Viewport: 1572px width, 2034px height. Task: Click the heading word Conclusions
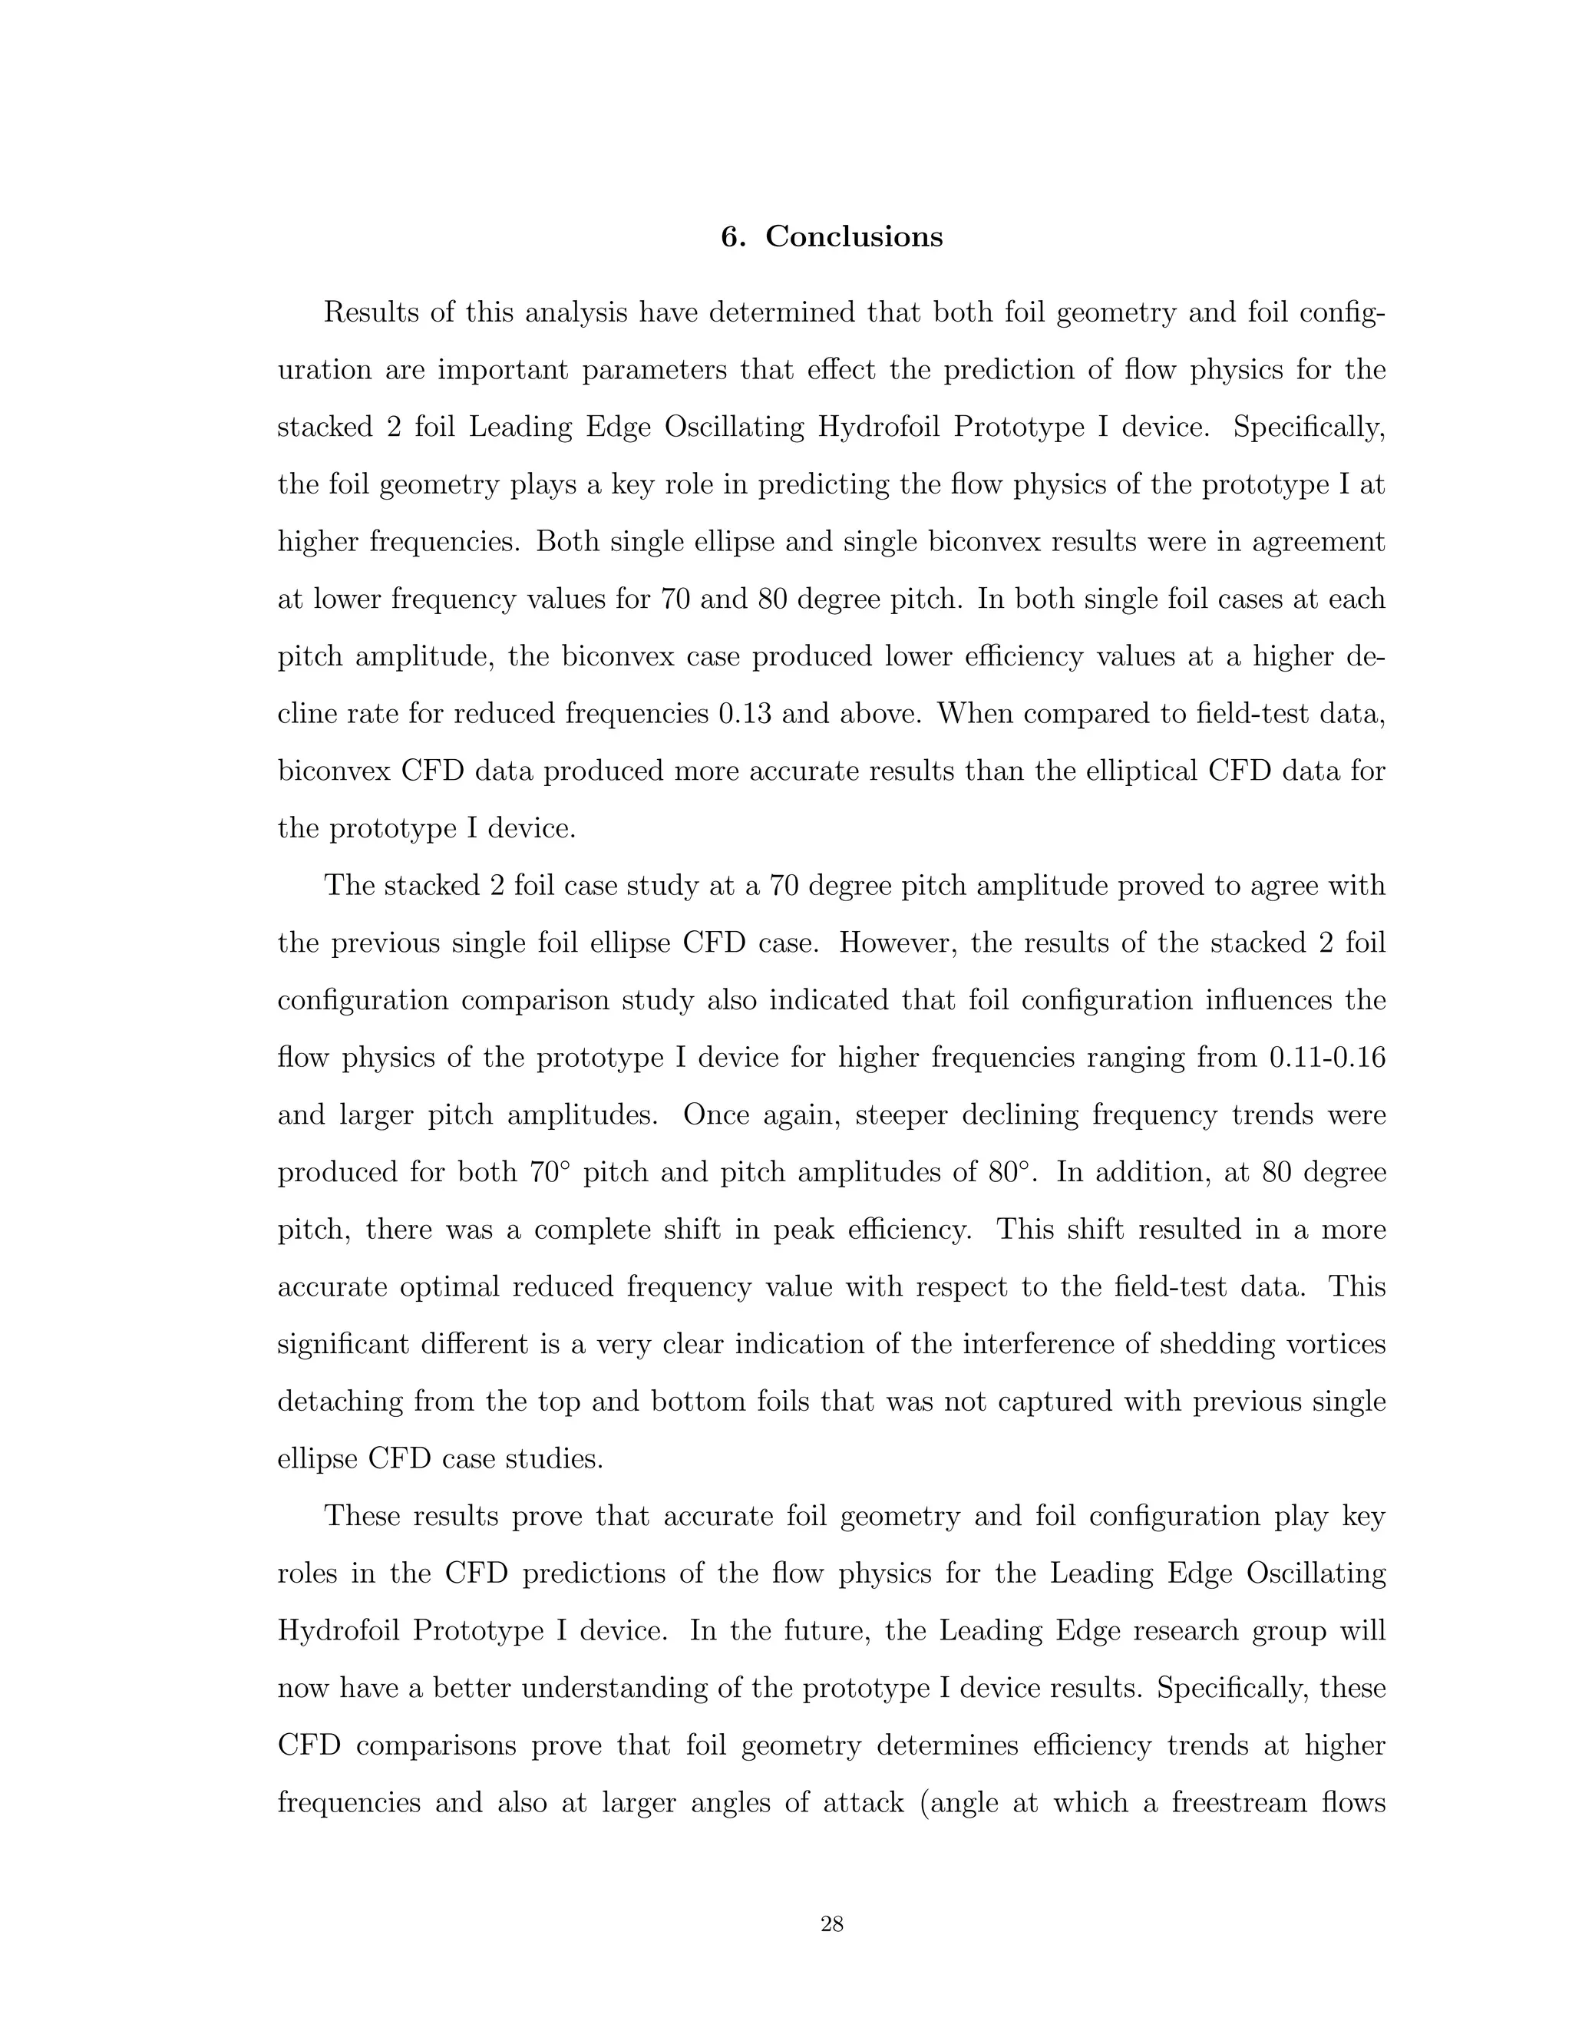pos(854,236)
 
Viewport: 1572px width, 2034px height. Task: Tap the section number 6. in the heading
pos(733,236)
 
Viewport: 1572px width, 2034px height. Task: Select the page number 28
pos(831,1924)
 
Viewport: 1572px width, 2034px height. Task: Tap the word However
pos(898,943)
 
